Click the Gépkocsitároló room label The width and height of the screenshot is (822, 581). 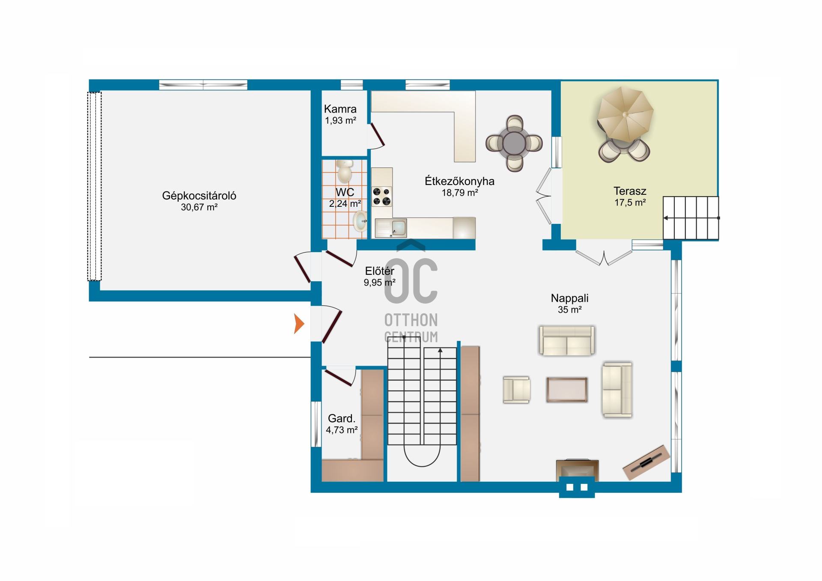(x=199, y=196)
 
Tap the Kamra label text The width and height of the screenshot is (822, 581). (x=340, y=109)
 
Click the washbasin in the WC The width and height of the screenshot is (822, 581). (x=360, y=221)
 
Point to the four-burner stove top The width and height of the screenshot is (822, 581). (x=381, y=197)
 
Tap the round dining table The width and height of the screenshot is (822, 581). (x=514, y=143)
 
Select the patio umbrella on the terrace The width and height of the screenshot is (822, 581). (x=625, y=114)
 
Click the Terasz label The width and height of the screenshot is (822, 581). (x=630, y=191)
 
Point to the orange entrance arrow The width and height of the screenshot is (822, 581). (x=299, y=323)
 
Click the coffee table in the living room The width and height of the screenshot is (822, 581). (x=567, y=390)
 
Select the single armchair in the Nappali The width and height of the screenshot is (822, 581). (x=517, y=390)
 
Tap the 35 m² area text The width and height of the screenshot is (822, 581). (x=569, y=310)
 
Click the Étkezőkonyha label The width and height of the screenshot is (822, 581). (x=459, y=181)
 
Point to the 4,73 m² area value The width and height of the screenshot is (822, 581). (x=342, y=430)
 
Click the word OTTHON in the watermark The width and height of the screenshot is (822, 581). (x=411, y=320)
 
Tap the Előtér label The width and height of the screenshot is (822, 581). (x=379, y=271)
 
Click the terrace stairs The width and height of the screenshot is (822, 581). (x=691, y=218)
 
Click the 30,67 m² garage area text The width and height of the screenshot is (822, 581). (x=199, y=207)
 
